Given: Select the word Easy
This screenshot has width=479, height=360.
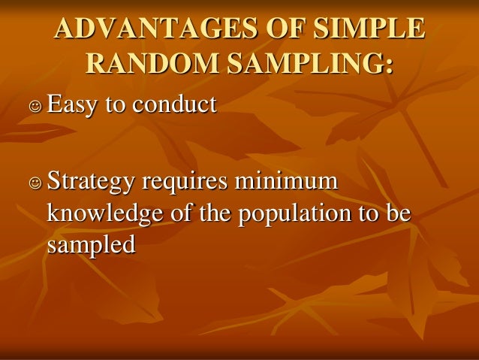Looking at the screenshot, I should (73, 104).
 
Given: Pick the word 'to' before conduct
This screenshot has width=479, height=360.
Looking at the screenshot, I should (116, 104).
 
